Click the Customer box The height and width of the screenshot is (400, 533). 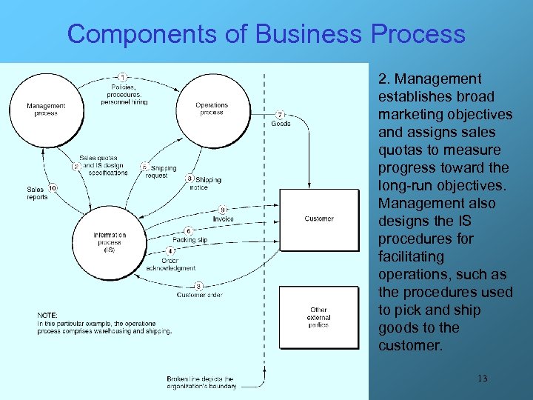pyautogui.click(x=318, y=219)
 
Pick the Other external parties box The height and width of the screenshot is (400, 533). pyautogui.click(x=318, y=317)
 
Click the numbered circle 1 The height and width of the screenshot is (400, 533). pyautogui.click(x=121, y=76)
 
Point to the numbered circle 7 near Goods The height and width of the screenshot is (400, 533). pyautogui.click(x=280, y=114)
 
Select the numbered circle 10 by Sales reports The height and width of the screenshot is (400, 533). pyautogui.click(x=53, y=187)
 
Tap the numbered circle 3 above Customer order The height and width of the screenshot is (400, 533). pyautogui.click(x=198, y=286)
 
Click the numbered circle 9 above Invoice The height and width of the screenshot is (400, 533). pyautogui.click(x=222, y=210)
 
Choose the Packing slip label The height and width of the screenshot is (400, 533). pyautogui.click(x=190, y=240)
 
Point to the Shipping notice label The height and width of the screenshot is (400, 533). pyautogui.click(x=208, y=184)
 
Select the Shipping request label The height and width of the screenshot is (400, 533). pyautogui.click(x=161, y=172)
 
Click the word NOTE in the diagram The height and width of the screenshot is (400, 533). pyautogui.click(x=47, y=316)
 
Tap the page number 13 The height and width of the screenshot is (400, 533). pyautogui.click(x=481, y=379)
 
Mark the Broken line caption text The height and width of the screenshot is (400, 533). pyautogui.click(x=201, y=382)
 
